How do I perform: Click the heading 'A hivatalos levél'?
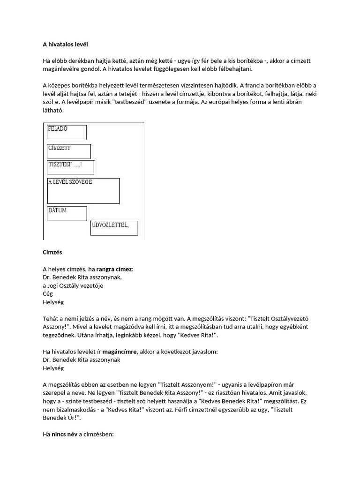pos(65,45)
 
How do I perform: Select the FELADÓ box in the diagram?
pos(66,132)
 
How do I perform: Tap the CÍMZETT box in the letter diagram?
pos(68,151)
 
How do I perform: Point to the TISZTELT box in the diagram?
pos(70,167)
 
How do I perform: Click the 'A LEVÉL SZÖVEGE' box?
pos(83,190)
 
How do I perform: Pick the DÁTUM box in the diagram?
pos(67,213)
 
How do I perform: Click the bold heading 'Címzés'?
pos(52,252)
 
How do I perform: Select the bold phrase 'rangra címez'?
pos(115,269)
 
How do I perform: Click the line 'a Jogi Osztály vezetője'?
pos(73,285)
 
